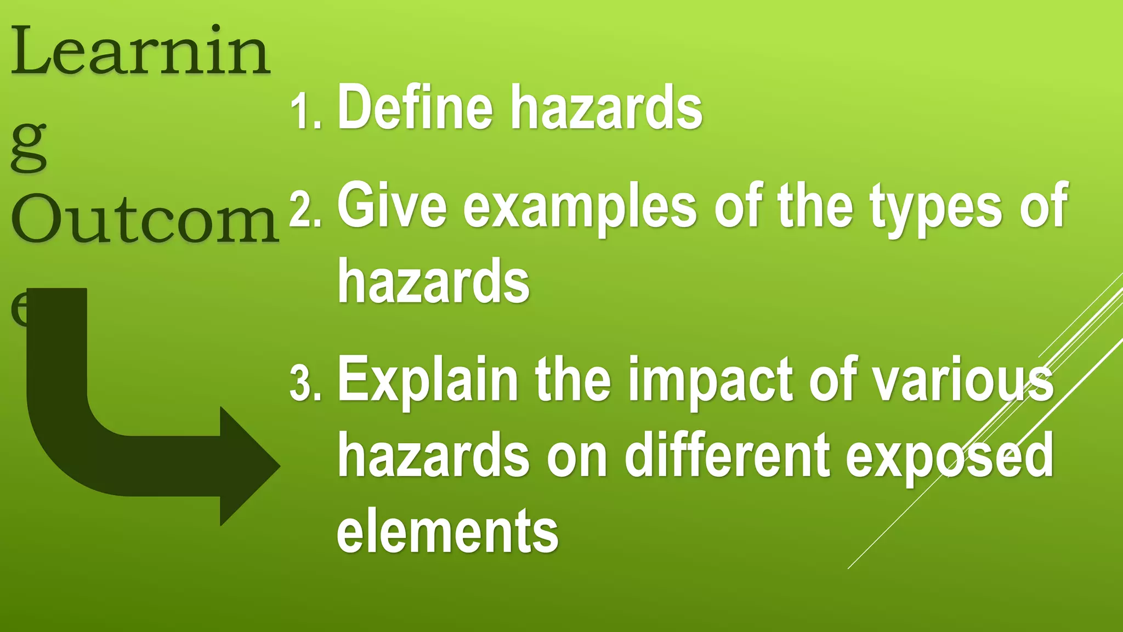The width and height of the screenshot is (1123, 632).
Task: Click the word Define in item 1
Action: coord(415,107)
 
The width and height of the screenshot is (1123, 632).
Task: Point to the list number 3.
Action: coord(305,384)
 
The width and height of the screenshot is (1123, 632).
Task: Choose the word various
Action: coord(963,380)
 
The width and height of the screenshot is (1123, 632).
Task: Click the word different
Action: coord(728,455)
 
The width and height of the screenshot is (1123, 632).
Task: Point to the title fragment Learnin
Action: coord(140,52)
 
